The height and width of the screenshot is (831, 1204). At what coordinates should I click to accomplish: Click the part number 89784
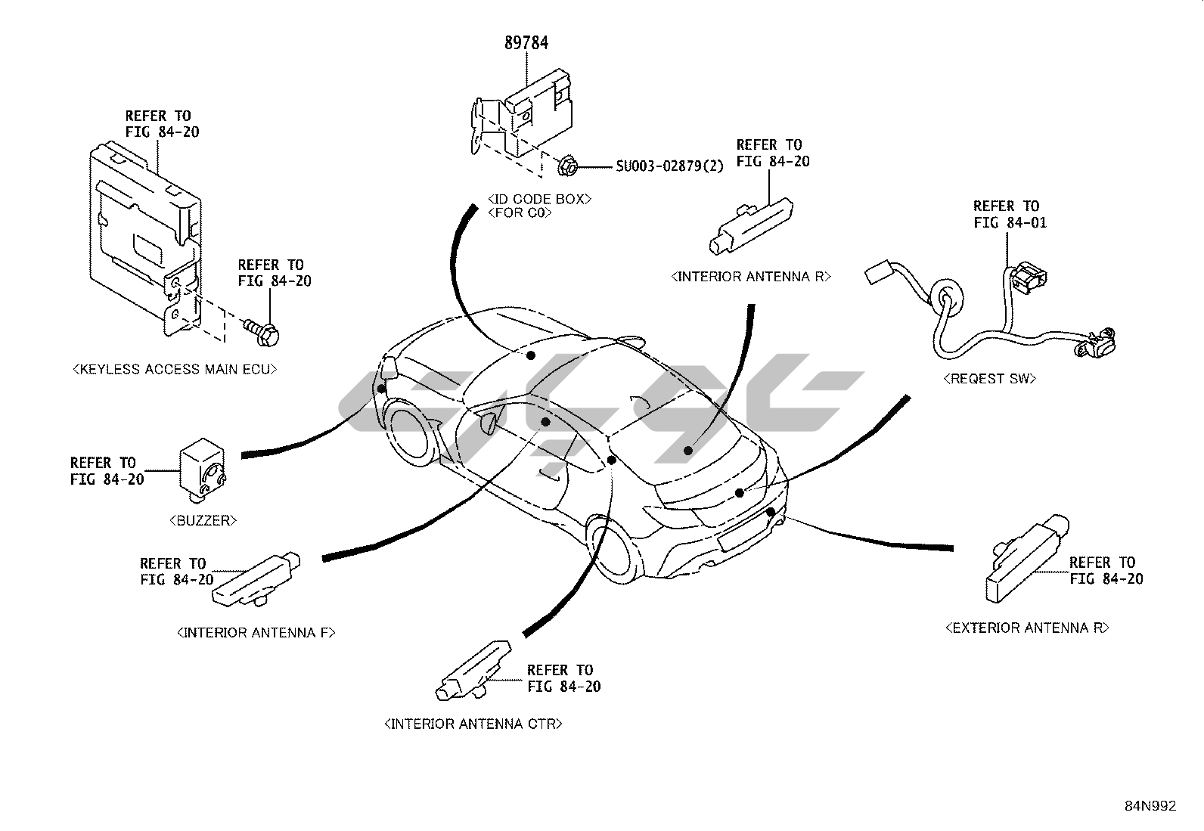526,43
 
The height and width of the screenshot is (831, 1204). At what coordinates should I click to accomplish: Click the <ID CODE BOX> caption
538,199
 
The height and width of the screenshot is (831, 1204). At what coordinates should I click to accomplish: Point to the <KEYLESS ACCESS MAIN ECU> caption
175,370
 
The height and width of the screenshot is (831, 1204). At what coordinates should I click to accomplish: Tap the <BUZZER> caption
204,520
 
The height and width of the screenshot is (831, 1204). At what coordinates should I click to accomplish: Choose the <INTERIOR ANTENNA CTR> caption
473,724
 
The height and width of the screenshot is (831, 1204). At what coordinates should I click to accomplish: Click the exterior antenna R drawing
1027,560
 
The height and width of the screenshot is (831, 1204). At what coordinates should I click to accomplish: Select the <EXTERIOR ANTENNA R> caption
1027,628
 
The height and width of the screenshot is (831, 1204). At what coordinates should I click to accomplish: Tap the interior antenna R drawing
752,224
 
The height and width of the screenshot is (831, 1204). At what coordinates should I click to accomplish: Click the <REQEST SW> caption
989,379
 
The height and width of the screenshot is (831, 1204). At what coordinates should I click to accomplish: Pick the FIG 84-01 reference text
1010,223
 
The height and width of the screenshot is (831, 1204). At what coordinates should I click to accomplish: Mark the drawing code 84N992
1150,806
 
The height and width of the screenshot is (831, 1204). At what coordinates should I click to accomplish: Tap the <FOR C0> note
520,212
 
